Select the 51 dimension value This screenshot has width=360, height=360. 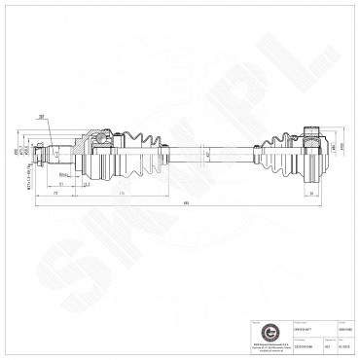[x=60, y=182]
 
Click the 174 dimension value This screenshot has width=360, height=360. [x=121, y=194]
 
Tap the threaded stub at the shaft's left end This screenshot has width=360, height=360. [x=40, y=154]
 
